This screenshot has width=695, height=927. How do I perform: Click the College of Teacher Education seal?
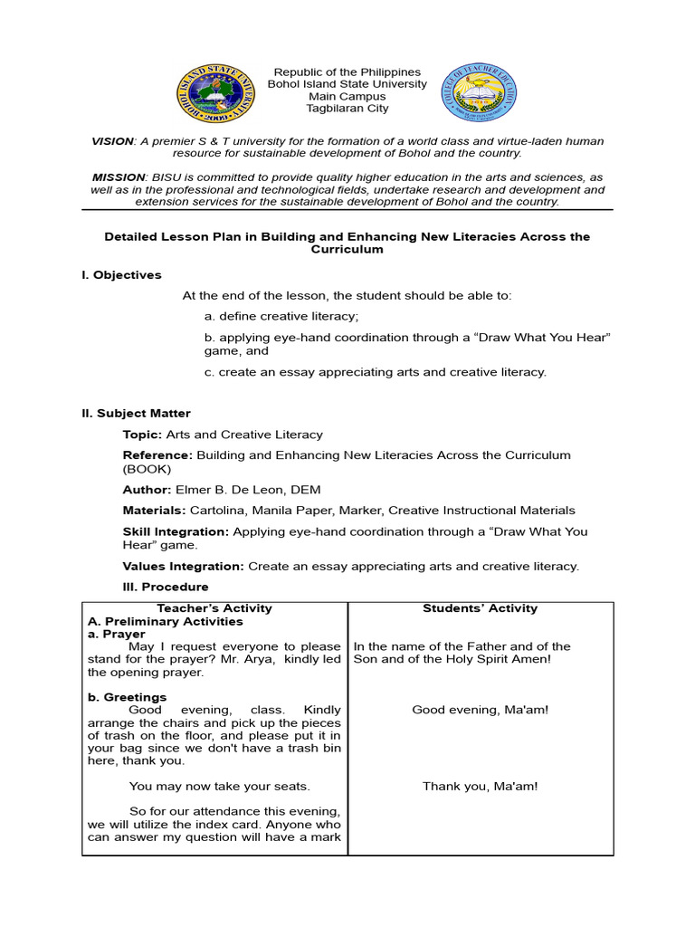pos(478,93)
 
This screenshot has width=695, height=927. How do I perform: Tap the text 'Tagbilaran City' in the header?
pos(348,109)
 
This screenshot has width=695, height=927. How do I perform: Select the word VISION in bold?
pos(112,142)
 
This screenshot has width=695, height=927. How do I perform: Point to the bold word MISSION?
pos(118,177)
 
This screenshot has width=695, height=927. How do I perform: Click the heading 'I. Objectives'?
pos(121,275)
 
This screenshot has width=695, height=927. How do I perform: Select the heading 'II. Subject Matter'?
pos(136,414)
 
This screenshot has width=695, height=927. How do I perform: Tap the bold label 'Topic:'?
pos(143,435)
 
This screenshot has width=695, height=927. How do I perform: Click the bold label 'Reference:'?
pos(157,455)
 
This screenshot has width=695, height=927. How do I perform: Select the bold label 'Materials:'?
pos(155,511)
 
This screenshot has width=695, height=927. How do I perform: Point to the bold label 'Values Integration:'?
pos(183,567)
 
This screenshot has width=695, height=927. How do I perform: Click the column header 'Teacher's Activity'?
pos(214,608)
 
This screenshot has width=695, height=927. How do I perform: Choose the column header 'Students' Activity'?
pos(480,608)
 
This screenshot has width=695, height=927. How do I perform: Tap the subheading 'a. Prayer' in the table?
pos(117,635)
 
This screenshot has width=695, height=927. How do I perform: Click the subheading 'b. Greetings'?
pos(127,697)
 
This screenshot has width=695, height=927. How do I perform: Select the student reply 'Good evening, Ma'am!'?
pos(480,711)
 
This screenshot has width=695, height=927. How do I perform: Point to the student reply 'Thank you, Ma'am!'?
pos(480,787)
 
